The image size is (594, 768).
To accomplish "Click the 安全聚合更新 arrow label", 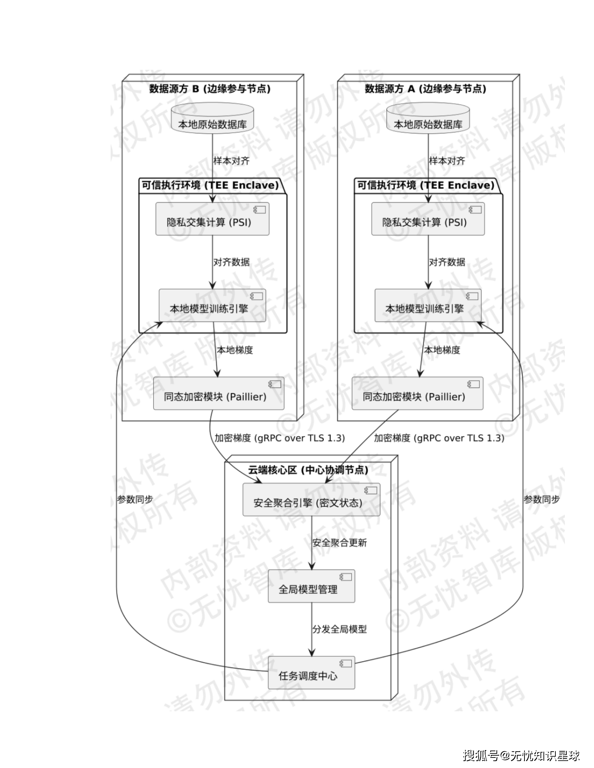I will (340, 543).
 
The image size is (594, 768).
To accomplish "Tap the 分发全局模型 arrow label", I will (340, 629).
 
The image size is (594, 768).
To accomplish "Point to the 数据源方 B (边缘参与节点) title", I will (210, 89).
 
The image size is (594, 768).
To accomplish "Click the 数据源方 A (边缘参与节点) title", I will (425, 89).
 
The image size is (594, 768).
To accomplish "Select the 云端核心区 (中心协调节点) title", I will (308, 470).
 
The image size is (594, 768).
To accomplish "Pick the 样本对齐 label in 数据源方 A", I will (447, 161).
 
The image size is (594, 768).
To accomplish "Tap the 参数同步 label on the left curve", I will (135, 500).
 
